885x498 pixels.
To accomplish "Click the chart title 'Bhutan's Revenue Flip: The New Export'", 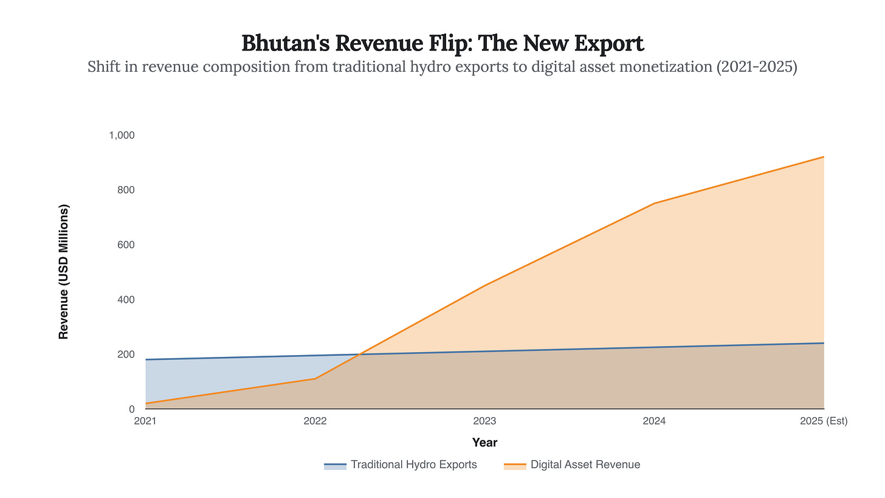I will [x=442, y=43].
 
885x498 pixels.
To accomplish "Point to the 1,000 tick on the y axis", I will [x=122, y=135].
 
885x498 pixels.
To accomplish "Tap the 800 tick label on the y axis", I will [x=126, y=190].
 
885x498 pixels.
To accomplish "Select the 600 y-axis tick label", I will [x=126, y=244].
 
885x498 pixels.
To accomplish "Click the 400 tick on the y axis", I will [x=126, y=299].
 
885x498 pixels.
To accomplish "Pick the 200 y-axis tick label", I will [x=126, y=354].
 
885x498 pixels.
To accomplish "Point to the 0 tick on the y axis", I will [x=131, y=409].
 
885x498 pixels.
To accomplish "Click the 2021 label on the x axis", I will [x=145, y=421].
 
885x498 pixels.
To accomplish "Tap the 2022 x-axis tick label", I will [x=315, y=421].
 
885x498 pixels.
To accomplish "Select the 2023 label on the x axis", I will [x=484, y=421].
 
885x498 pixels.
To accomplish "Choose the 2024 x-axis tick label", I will [x=654, y=421].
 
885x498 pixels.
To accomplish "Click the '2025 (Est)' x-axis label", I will [x=824, y=421].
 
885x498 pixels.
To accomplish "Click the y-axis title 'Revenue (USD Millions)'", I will [x=64, y=272].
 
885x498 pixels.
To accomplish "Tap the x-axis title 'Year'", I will [x=484, y=443].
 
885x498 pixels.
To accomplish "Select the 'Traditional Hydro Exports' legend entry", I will [x=401, y=465].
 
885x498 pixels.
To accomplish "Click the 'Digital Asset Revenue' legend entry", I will [x=572, y=465].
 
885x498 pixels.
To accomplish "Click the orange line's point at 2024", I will [x=654, y=203].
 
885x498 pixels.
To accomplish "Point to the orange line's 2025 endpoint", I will [x=824, y=157].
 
